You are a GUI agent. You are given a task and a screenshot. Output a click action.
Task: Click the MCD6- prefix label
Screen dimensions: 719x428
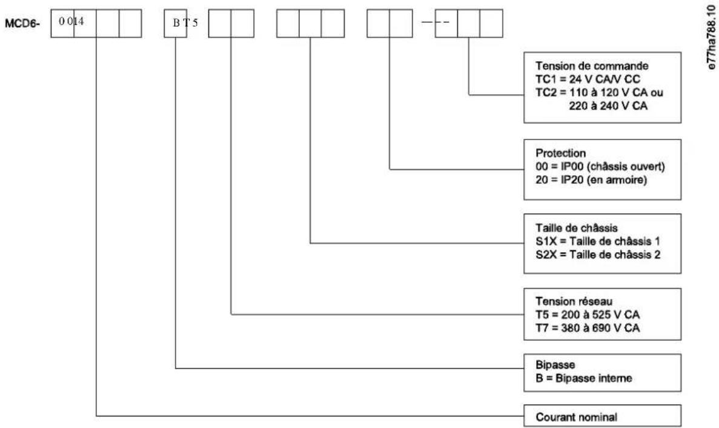pos(22,24)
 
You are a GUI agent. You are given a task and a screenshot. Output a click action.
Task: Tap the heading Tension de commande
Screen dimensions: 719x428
pos(592,66)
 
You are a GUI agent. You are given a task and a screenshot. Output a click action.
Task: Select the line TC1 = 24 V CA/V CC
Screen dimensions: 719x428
pos(588,79)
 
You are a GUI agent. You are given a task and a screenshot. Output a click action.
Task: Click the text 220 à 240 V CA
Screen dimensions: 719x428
pos(608,106)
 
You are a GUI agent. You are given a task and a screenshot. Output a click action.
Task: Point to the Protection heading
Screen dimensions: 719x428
pos(561,153)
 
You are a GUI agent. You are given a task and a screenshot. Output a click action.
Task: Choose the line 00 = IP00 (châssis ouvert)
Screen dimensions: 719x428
pos(600,167)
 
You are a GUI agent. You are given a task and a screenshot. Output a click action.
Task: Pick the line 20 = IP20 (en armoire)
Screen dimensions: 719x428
pos(591,180)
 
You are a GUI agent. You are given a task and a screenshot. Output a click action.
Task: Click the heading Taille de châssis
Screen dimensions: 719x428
pos(577,228)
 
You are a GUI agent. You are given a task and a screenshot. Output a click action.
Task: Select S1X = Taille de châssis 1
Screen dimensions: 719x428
pos(598,241)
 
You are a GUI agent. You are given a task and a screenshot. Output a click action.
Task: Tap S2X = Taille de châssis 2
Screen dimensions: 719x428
pos(598,255)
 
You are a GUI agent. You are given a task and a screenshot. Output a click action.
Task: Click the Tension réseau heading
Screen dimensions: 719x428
pos(574,301)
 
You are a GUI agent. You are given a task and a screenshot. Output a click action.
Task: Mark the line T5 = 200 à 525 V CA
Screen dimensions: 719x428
pos(588,315)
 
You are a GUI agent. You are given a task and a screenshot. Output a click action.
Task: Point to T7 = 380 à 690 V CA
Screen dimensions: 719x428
pos(588,328)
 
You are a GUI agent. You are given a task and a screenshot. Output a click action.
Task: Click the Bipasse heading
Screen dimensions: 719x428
pos(555,365)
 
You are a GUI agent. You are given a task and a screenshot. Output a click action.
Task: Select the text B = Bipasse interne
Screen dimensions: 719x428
pos(584,378)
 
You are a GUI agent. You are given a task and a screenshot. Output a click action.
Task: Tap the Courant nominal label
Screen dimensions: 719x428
pos(577,418)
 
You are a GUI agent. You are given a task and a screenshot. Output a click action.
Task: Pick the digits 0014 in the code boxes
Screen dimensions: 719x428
pos(71,22)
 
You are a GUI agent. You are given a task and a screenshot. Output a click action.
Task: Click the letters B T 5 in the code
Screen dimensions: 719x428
pos(185,23)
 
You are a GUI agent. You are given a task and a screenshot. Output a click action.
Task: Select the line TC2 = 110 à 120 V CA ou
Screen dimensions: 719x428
pos(599,93)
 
